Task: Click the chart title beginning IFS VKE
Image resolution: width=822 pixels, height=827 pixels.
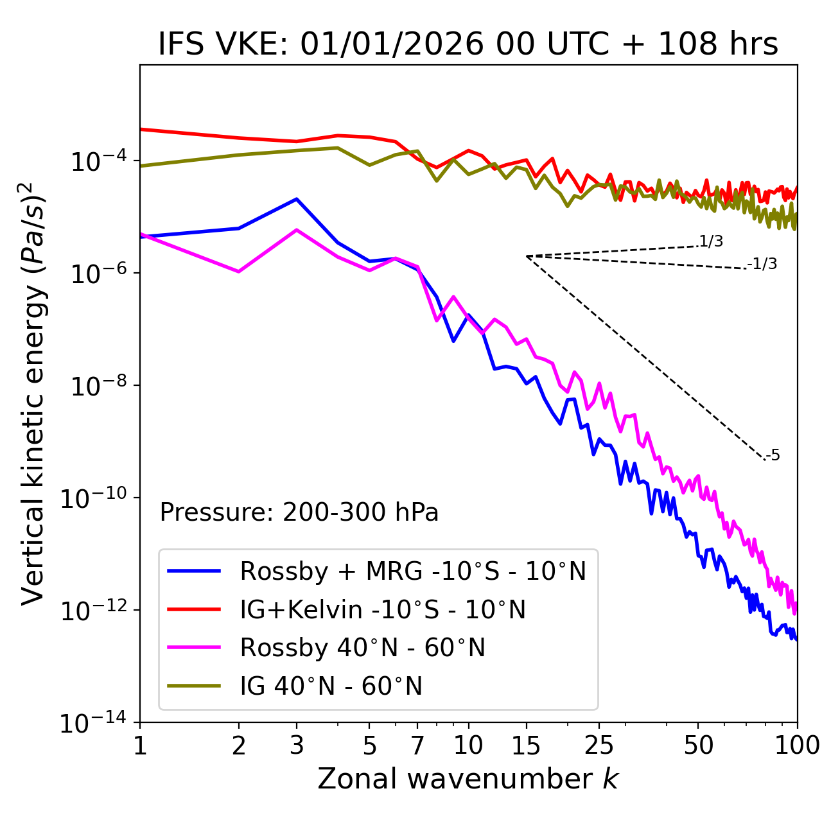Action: [x=468, y=44]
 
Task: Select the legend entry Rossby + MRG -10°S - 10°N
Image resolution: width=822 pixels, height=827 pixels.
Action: [x=413, y=571]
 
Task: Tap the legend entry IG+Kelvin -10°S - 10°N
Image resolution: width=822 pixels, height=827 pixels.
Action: [x=383, y=609]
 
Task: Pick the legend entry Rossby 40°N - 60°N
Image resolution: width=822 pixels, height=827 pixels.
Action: [x=362, y=648]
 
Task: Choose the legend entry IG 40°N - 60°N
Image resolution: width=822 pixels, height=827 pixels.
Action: [x=331, y=686]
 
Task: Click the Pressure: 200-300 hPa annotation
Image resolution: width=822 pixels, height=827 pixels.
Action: [x=299, y=512]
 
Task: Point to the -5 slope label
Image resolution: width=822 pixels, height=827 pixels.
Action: [x=773, y=455]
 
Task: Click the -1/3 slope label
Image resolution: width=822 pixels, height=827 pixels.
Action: [x=762, y=264]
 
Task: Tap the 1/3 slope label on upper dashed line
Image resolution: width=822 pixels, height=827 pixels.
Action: [x=711, y=241]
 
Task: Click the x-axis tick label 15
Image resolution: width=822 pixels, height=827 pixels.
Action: [x=526, y=745]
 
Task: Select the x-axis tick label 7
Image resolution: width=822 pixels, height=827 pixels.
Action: [x=417, y=745]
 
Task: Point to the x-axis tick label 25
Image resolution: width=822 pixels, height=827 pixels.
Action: [x=599, y=745]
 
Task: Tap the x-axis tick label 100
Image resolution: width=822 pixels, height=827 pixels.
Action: [x=797, y=745]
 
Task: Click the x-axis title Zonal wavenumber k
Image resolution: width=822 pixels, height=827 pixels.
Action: [x=468, y=779]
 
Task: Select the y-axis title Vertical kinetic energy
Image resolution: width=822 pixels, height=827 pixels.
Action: [x=34, y=393]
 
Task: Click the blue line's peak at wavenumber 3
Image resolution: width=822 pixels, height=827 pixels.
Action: [x=296, y=199]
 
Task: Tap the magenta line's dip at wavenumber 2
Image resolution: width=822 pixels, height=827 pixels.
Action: [x=239, y=272]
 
